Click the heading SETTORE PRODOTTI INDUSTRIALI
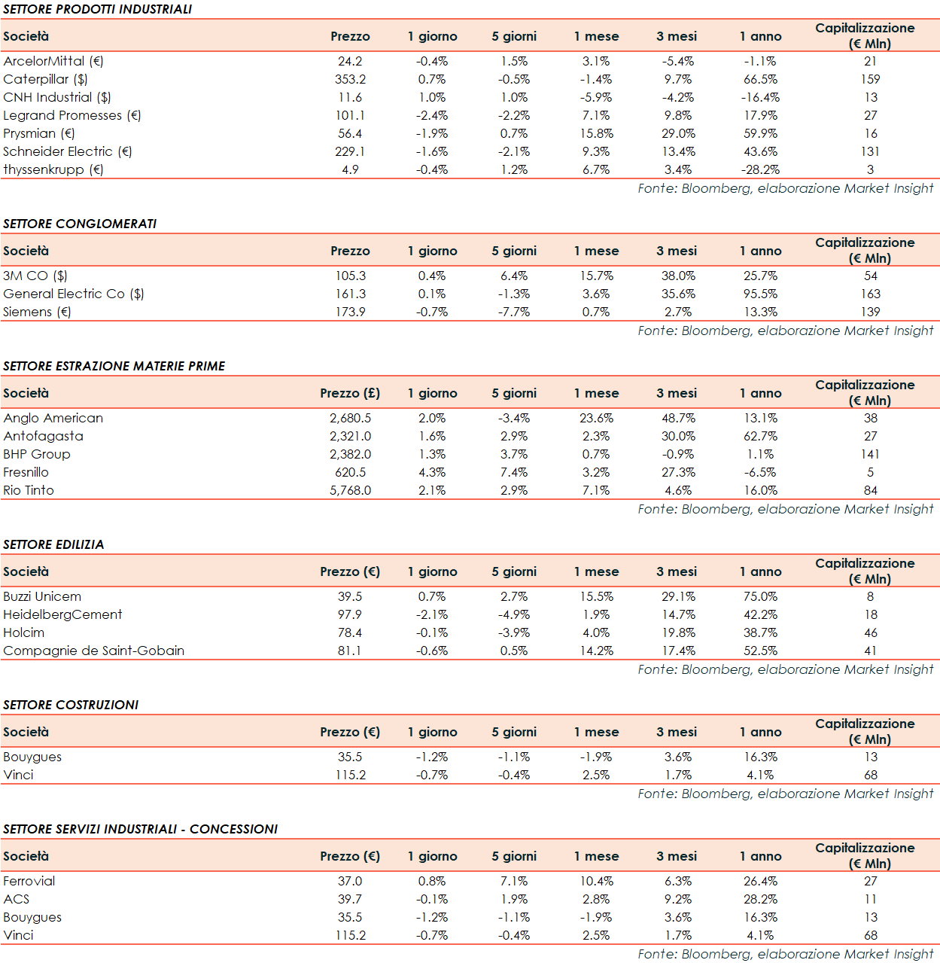coord(97,9)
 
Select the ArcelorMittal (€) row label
coord(53,61)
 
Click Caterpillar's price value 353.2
coord(350,79)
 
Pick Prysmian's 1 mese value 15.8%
coord(596,133)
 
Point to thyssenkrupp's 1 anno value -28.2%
coord(760,169)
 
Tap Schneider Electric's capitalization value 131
coord(870,151)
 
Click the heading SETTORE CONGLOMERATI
coord(80,224)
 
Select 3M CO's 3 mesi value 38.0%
coord(678,276)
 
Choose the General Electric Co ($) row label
coord(74,294)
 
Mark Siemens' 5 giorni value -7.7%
coord(514,312)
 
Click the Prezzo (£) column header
coord(350,393)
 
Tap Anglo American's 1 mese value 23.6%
coord(596,418)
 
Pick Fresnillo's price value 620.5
coord(350,472)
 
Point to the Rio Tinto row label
coord(29,490)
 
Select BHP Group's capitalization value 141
coord(870,454)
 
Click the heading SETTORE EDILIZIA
coord(53,544)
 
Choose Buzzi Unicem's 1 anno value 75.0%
coord(760,596)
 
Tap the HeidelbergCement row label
coord(62,614)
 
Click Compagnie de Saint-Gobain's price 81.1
coord(349,651)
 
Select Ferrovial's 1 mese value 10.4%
coord(596,881)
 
